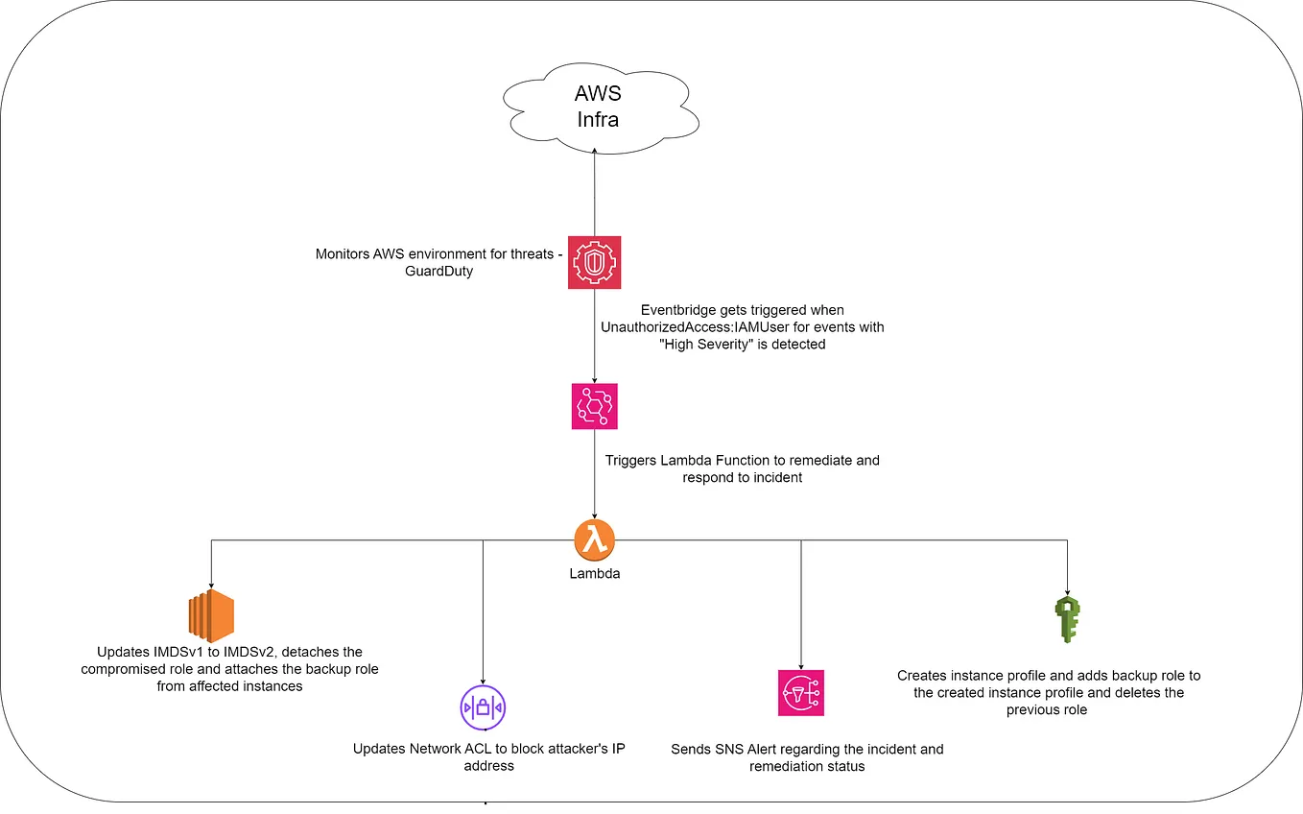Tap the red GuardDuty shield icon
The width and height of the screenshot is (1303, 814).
594,260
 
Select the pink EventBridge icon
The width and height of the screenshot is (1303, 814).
594,406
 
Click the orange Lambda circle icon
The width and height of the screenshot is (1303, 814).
594,540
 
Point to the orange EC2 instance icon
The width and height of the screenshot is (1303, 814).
211,616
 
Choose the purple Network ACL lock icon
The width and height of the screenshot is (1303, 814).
483,708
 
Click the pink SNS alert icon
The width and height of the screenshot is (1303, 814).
801,693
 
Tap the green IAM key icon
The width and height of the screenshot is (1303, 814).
1066,619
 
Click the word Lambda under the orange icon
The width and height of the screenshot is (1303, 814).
595,573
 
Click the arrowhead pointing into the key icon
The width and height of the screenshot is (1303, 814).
1066,588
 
